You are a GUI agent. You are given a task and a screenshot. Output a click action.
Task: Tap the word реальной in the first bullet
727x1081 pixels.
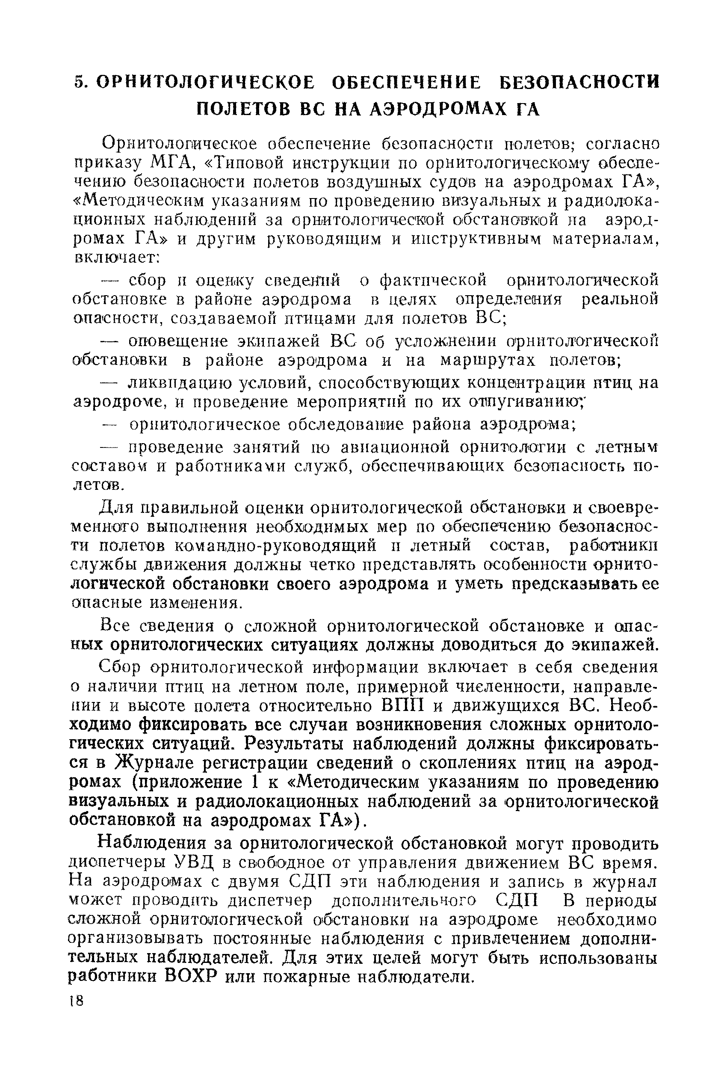[x=619, y=299]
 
